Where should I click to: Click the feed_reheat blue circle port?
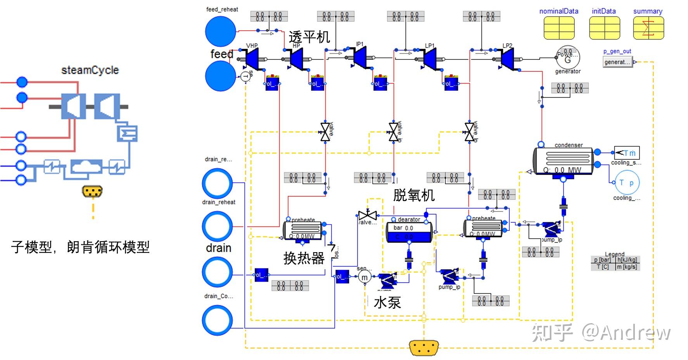coord(220,31)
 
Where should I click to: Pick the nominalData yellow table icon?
coord(559,28)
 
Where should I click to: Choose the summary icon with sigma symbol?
coord(648,28)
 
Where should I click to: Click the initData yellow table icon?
coord(604,28)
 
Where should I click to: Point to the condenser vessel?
coord(563,161)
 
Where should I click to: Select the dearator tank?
coord(409,232)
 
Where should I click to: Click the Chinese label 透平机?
coord(309,37)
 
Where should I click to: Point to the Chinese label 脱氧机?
coord(413,195)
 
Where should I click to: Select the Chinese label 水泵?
coord(387,303)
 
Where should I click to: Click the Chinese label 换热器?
coord(304,258)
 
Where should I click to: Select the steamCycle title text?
coord(90,70)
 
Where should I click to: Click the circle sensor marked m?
coord(364,277)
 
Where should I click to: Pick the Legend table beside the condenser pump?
coord(615,263)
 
